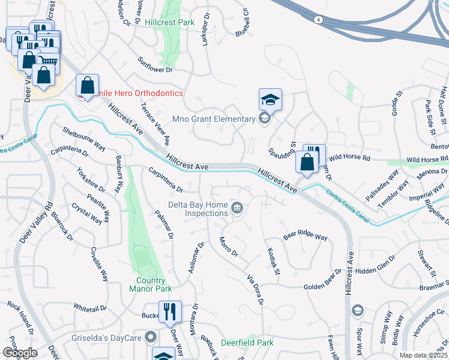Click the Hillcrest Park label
click(x=170, y=22)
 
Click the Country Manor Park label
click(x=146, y=284)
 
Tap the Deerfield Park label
click(x=247, y=343)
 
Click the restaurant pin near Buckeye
click(x=169, y=311)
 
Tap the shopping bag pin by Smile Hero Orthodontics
click(x=88, y=86)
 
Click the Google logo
click(x=20, y=353)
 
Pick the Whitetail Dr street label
click(x=90, y=308)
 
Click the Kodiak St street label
click(x=273, y=262)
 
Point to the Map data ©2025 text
click(x=423, y=355)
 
